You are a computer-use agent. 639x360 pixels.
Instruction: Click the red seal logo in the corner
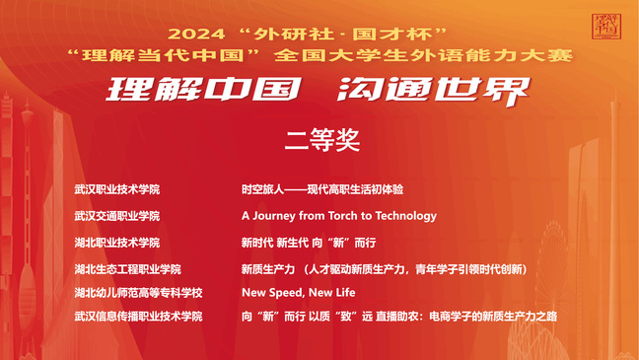(606, 27)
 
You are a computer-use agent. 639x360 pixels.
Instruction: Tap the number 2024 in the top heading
(196, 35)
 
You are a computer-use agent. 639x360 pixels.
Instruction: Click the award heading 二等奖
(322, 140)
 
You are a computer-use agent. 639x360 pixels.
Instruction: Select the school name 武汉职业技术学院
(117, 189)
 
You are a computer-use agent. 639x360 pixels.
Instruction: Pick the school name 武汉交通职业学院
(117, 216)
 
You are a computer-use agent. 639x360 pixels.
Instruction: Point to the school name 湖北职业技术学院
(117, 243)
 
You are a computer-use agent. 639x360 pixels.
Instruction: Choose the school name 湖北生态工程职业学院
(127, 269)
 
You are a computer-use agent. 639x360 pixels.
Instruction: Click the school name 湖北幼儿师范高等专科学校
(138, 293)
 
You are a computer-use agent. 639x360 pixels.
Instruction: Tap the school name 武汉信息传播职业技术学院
(138, 317)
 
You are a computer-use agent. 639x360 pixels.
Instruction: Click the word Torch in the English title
(343, 216)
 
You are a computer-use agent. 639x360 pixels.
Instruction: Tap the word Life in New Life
(345, 293)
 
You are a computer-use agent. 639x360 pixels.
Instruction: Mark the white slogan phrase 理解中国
(204, 89)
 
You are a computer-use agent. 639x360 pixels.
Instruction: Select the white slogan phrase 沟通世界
(434, 91)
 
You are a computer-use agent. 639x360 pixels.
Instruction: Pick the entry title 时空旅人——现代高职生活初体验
(322, 189)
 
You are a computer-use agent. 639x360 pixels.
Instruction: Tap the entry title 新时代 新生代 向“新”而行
(309, 243)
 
